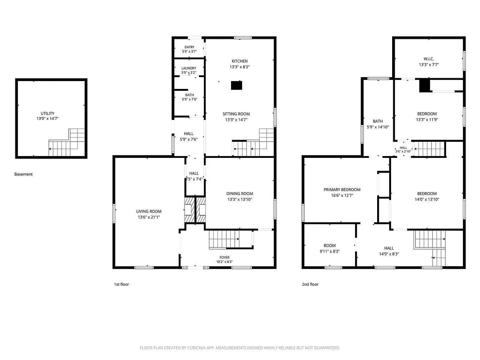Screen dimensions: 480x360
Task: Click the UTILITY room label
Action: pos(47,114)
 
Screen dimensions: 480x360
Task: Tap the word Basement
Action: pos(24,174)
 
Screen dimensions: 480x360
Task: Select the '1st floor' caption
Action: pos(121,284)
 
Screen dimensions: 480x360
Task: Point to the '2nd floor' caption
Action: pos(310,284)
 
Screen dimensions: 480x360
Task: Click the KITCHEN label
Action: pos(240,61)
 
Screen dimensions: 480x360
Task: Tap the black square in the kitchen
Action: pos(237,85)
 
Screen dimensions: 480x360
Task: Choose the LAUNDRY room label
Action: pos(189,68)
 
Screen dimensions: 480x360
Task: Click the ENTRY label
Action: pos(189,47)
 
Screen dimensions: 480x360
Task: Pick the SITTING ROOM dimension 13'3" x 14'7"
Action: pos(236,120)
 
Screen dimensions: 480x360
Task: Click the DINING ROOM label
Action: pos(240,194)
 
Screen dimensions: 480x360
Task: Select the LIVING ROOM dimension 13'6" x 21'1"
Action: pos(149,217)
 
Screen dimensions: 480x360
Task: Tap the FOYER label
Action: pos(225,257)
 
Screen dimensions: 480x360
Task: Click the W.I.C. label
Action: pos(429,59)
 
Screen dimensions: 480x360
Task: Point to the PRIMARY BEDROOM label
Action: pos(342,190)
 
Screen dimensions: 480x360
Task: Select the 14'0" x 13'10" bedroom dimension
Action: pos(427,199)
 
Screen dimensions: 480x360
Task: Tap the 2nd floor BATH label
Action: pos(378,121)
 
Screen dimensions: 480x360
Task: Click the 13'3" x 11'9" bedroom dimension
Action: pos(427,120)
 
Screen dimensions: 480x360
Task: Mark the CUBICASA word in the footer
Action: pos(196,348)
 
